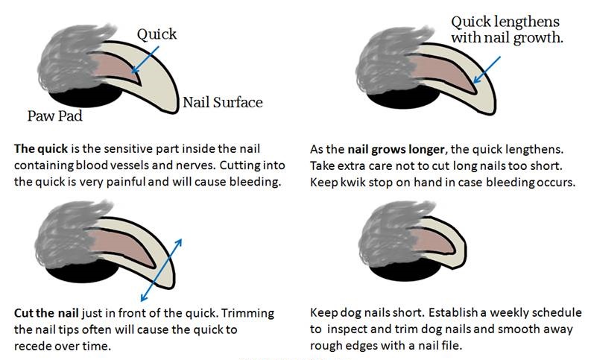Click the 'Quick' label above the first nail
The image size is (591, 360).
click(157, 34)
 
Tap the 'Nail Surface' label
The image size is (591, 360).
click(222, 103)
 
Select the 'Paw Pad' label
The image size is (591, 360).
click(54, 116)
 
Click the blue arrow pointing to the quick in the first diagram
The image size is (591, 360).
click(145, 60)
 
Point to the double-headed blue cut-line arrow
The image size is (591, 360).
click(161, 270)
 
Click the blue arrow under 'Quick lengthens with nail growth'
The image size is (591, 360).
click(487, 70)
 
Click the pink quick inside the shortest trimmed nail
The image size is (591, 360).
click(434, 241)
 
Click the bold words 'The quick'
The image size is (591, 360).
click(41, 148)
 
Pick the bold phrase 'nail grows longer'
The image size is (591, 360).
click(396, 150)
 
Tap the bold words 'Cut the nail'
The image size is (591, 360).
click(46, 313)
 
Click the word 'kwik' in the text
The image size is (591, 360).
click(353, 183)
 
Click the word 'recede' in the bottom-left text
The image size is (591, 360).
click(31, 346)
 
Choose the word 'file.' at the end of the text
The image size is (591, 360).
click(452, 345)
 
